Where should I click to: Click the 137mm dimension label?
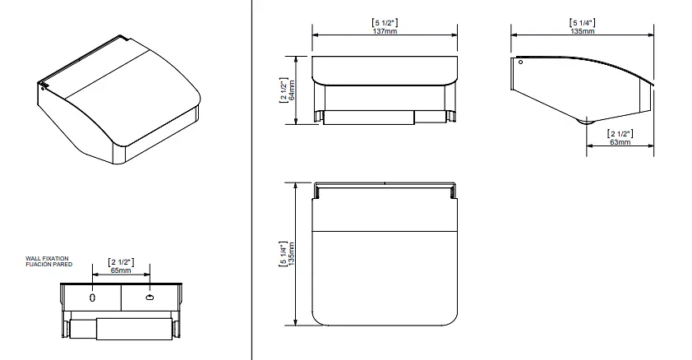(385, 31)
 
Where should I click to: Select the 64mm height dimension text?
(292, 90)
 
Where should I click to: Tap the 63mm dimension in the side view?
(620, 142)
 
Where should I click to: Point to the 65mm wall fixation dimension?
(121, 270)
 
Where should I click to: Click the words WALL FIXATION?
(47, 259)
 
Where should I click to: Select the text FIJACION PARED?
(49, 265)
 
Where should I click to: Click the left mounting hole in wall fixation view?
(92, 298)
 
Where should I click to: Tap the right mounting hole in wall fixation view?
(150, 298)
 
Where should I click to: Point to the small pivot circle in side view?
(521, 62)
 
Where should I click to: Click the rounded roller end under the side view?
(586, 122)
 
